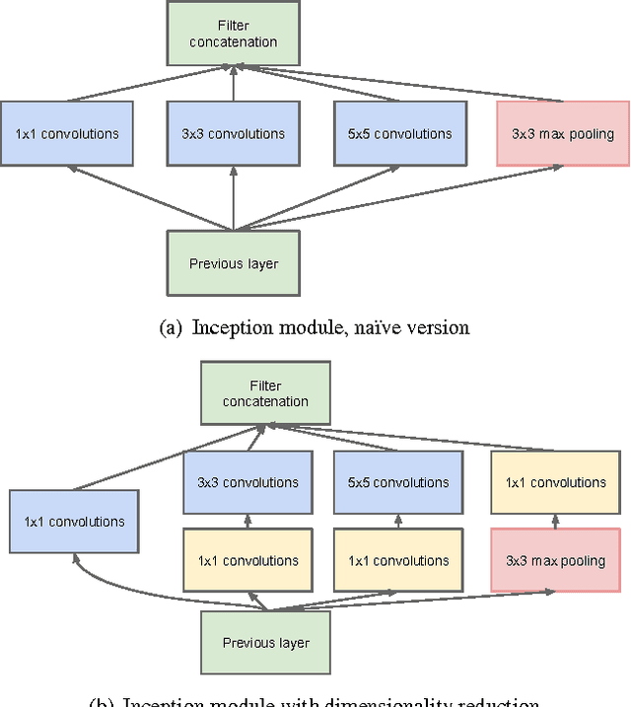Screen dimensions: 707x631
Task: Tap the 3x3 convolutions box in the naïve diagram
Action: (234, 133)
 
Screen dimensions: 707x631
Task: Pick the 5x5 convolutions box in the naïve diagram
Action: (398, 133)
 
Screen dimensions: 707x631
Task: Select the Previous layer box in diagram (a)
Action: (234, 263)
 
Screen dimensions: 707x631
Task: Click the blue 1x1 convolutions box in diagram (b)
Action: (73, 521)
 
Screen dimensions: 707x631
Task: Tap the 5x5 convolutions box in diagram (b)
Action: (398, 482)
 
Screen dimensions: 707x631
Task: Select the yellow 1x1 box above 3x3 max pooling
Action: (556, 482)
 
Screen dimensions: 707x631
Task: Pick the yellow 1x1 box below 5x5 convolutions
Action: (398, 560)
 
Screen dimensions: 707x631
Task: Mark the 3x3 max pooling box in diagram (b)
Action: (556, 560)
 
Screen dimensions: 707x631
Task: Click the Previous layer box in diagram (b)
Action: (265, 643)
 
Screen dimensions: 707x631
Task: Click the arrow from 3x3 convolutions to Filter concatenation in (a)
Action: (234, 85)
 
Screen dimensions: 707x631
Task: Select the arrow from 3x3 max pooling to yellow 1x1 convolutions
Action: (556, 521)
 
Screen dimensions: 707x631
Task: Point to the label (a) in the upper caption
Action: (171, 327)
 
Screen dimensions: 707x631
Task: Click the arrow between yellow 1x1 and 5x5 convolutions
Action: (398, 521)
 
